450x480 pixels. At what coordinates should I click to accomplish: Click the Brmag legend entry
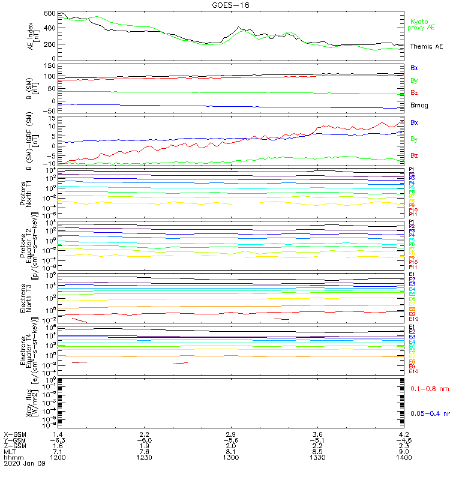coord(419,105)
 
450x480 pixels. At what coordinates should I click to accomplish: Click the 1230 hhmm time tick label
coord(144,458)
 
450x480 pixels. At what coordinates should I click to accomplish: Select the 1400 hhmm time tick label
coord(404,458)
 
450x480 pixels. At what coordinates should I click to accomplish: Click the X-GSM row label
coord(15,434)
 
